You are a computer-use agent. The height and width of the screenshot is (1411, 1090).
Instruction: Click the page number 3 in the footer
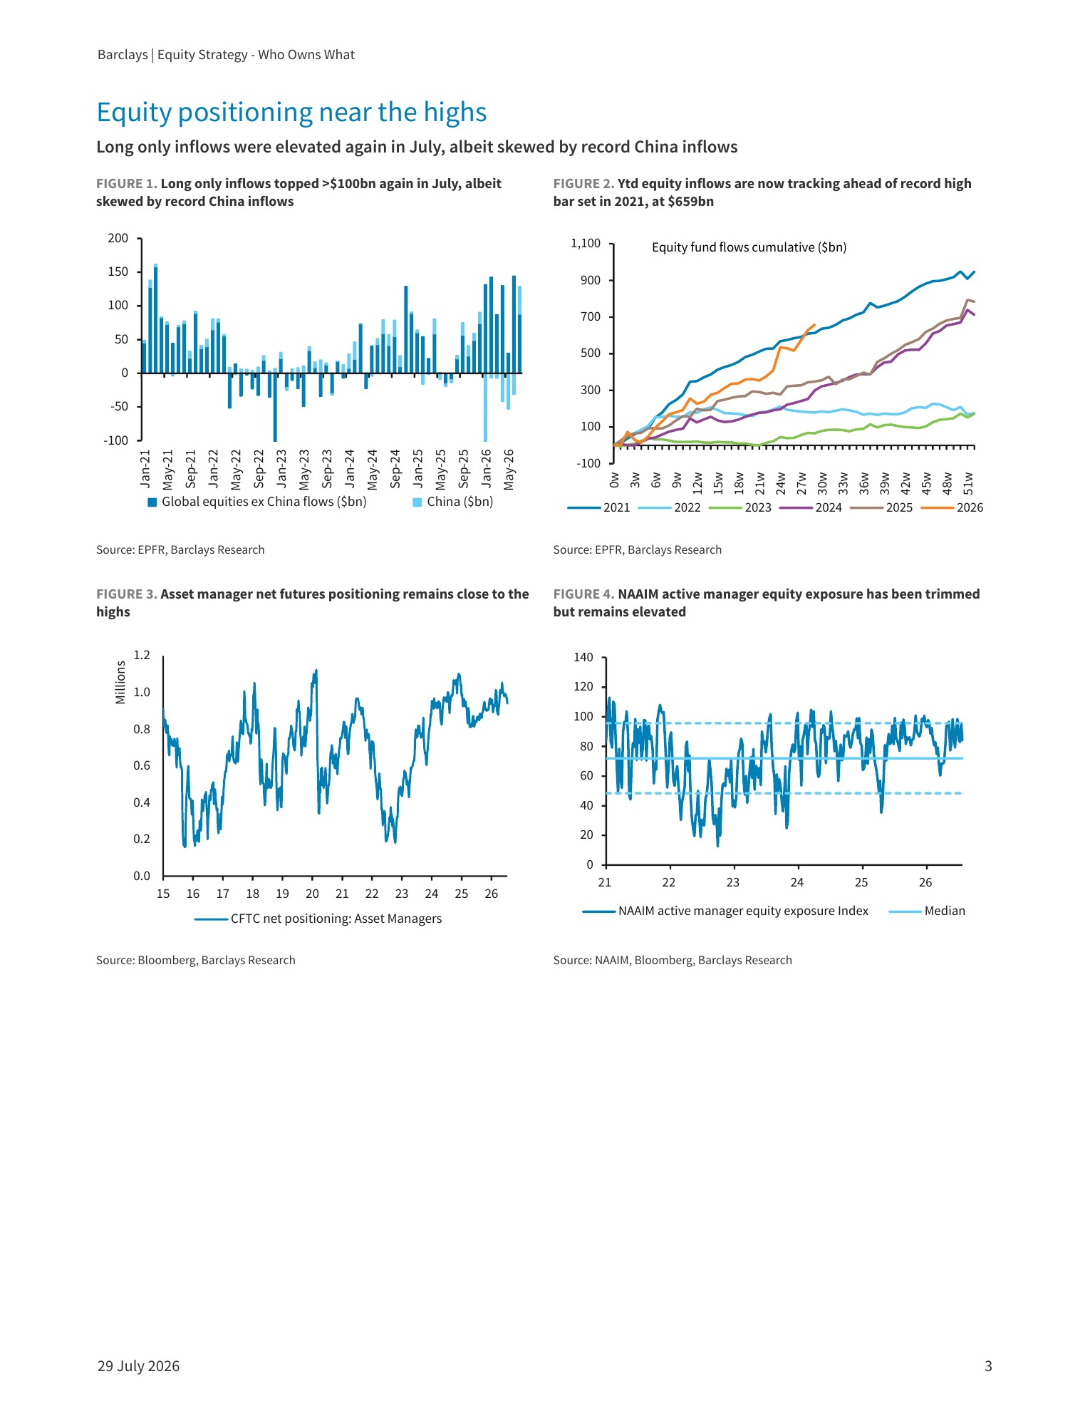coord(987,1366)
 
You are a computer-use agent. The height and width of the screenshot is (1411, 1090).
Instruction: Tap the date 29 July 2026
coord(138,1366)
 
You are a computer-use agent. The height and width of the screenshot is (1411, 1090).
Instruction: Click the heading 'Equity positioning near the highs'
coord(291,113)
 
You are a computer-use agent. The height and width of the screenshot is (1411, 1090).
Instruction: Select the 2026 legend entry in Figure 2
coord(952,507)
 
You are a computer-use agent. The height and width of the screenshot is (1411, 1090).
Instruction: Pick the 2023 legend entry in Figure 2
coord(740,507)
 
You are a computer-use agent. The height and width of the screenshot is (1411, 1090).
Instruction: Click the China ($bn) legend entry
coord(453,502)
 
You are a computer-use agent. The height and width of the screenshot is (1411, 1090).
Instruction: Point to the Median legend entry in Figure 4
coord(928,911)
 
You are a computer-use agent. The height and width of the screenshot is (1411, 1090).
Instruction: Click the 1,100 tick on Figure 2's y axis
coord(586,244)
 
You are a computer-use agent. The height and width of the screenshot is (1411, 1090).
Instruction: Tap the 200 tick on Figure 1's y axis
coord(118,238)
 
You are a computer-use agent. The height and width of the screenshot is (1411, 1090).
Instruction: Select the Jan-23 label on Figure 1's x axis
coord(281,469)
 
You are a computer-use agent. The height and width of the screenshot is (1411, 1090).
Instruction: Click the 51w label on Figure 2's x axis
coord(967,482)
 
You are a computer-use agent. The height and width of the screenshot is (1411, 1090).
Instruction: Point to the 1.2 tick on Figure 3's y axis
coord(142,655)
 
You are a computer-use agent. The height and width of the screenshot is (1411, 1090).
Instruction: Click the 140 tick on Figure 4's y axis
coord(583,657)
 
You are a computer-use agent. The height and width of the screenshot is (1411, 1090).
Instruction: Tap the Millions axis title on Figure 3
coord(120,682)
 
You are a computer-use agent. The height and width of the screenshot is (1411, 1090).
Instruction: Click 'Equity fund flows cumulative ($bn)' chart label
coord(749,247)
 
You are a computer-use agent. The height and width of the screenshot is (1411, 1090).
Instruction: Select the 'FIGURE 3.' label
coord(127,594)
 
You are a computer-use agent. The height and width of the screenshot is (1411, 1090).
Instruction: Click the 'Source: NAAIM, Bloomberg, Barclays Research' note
coord(673,960)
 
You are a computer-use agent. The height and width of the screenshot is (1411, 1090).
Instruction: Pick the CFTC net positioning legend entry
coord(318,919)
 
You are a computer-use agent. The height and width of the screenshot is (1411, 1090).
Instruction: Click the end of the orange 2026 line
coord(815,324)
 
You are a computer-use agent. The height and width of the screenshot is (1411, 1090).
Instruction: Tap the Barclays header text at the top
coord(226,55)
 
